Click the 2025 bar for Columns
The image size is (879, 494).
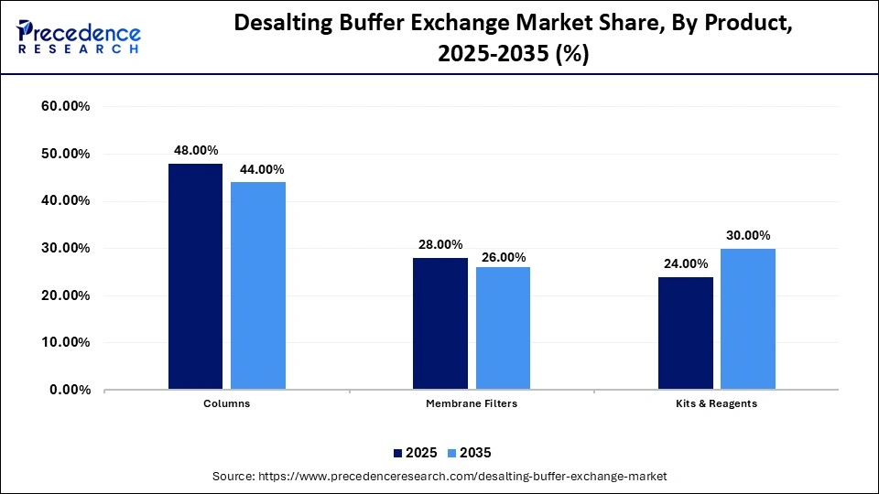[195, 276]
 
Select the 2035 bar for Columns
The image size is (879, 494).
[257, 285]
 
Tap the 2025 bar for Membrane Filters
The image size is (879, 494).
[439, 324]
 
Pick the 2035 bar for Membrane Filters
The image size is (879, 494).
[503, 328]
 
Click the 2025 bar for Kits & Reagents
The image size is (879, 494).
[685, 333]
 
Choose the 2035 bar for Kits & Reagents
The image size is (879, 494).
[747, 319]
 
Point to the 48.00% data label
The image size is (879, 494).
[195, 151]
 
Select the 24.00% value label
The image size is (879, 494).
[684, 263]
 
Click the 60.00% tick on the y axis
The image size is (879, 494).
[65, 107]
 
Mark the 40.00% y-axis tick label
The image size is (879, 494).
[65, 201]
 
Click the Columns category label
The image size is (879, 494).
[226, 403]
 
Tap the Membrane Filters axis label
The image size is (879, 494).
[471, 403]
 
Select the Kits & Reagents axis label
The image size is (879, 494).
[716, 403]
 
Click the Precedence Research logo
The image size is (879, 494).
[78, 37]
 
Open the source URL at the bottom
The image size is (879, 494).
[439, 476]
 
